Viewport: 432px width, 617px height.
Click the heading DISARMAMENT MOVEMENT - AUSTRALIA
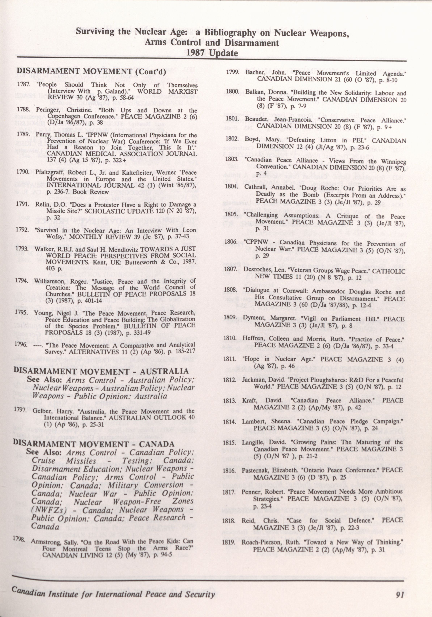point(101,371)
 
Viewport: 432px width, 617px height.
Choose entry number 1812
point(230,380)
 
